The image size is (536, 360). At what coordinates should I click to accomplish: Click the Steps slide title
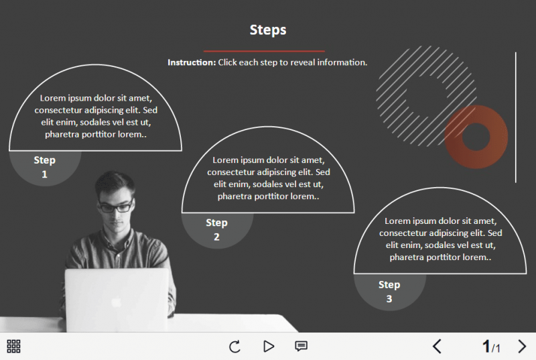coord(268,29)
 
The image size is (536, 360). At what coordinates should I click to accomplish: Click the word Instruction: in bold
coord(192,62)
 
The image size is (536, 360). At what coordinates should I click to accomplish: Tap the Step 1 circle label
coord(45,167)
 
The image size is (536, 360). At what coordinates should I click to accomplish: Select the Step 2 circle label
coord(216,229)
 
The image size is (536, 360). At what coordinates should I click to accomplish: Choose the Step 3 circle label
coord(389,292)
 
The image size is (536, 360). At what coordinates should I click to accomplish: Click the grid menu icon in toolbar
coord(13,346)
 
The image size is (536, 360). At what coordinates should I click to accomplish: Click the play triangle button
coord(269,347)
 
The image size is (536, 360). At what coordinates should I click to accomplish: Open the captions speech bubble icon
coord(301,347)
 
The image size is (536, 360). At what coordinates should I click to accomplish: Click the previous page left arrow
coord(437,347)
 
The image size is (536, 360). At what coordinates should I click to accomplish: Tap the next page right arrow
coord(523,347)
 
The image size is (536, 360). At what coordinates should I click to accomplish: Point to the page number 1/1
coord(491,347)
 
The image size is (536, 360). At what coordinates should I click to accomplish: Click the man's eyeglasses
coord(115,207)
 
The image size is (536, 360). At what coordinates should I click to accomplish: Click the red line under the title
coord(264,51)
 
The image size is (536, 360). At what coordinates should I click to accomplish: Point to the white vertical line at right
coord(515,117)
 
